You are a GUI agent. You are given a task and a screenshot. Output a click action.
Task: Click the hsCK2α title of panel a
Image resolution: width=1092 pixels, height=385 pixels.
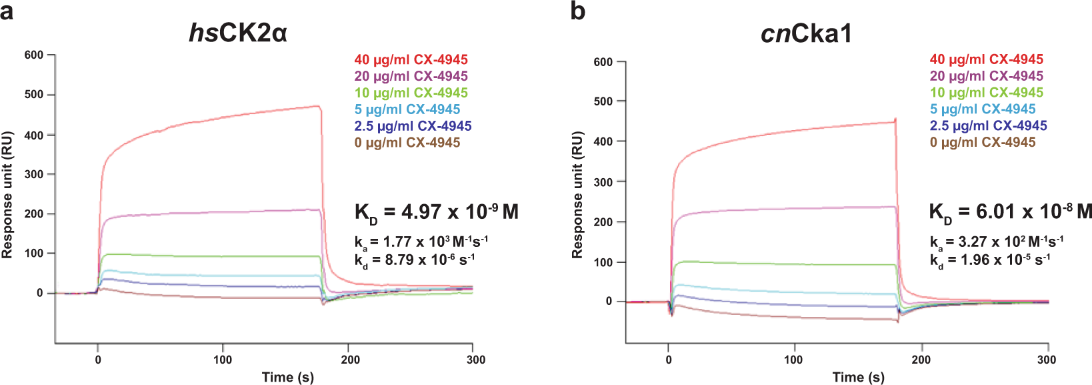(238, 33)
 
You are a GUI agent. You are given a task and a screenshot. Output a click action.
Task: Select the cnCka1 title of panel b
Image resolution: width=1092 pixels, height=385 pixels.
(806, 33)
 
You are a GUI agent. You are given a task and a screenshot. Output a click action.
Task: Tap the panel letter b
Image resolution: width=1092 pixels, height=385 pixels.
(577, 11)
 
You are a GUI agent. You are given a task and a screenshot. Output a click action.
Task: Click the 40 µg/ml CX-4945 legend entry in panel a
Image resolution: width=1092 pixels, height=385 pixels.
(411, 60)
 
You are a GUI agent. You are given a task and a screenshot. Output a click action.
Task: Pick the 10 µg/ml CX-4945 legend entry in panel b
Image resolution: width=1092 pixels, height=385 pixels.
(987, 93)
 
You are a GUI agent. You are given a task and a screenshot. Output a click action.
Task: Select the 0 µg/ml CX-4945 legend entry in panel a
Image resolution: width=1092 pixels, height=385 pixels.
(407, 142)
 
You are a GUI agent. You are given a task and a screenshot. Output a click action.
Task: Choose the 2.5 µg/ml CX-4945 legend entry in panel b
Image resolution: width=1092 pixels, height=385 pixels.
(988, 125)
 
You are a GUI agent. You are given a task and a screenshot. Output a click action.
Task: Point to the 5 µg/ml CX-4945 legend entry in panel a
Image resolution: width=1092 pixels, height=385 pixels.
(407, 109)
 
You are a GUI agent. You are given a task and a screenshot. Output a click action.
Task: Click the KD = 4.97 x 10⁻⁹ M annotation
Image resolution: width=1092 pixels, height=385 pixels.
(436, 212)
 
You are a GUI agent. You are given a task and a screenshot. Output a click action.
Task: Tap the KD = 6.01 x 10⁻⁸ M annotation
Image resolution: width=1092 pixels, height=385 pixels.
(1010, 212)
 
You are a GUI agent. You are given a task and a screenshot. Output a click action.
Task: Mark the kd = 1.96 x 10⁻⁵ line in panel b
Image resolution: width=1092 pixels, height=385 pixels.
(990, 260)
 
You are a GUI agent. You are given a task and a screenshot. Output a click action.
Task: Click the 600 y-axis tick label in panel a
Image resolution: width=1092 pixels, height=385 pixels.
(33, 55)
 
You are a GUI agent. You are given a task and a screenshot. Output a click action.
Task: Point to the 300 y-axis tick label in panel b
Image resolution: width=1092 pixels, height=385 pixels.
(603, 182)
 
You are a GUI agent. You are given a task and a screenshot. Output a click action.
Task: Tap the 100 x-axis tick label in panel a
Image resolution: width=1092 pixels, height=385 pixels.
(223, 360)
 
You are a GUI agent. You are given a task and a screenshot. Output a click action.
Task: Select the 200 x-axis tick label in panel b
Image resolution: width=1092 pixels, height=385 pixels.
(921, 360)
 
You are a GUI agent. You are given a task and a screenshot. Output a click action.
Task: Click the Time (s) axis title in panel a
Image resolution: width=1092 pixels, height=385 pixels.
(287, 377)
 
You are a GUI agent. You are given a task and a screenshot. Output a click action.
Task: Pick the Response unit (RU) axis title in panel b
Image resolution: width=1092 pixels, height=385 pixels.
(577, 195)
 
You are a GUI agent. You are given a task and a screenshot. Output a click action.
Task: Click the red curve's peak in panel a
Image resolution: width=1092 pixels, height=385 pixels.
(317, 106)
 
